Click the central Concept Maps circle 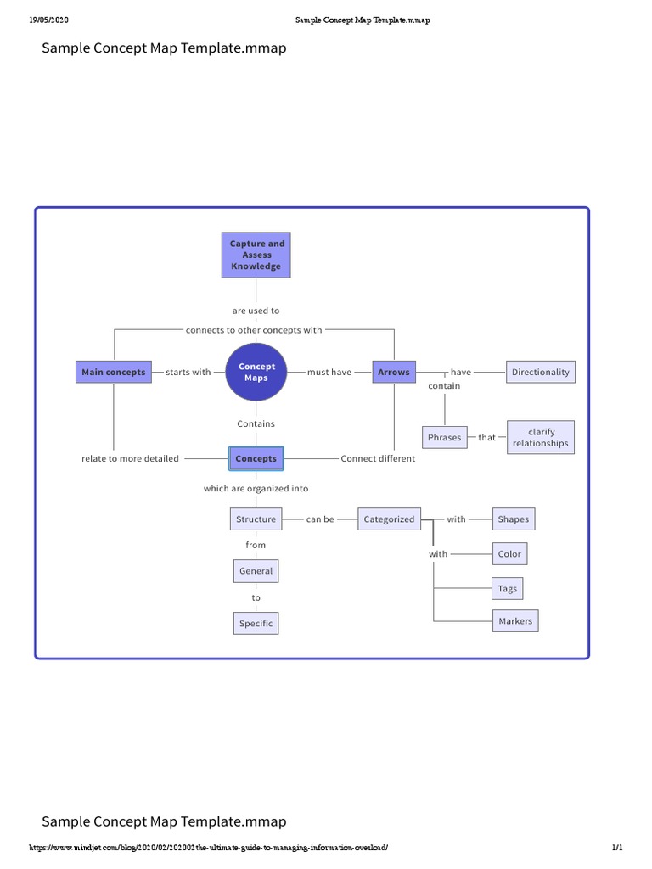pos(256,373)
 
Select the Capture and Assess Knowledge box pos(256,255)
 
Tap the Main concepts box pos(113,372)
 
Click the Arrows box pos(394,372)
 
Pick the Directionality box pos(540,372)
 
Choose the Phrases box pos(445,437)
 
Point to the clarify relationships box pos(541,437)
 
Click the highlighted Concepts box pos(256,458)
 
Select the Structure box pos(256,519)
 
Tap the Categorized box pos(389,519)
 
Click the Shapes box pos(514,519)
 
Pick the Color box pos(509,554)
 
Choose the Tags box pos(508,589)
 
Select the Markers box pos(515,621)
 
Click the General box pos(256,571)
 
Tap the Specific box pos(256,624)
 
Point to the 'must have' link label pos(329,373)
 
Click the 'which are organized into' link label pos(256,489)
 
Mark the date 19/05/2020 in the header pos(48,20)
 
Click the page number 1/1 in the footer pos(617,848)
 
